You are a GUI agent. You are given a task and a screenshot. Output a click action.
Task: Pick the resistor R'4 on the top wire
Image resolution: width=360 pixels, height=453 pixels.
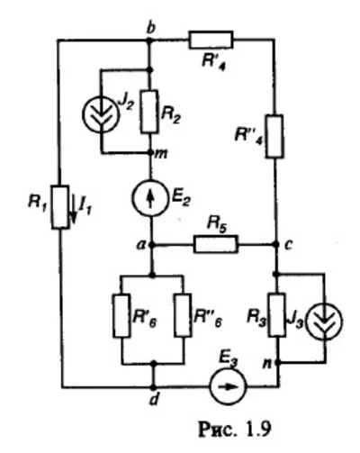211,39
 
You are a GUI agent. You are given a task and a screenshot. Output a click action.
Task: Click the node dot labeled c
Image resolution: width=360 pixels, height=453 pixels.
274,244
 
